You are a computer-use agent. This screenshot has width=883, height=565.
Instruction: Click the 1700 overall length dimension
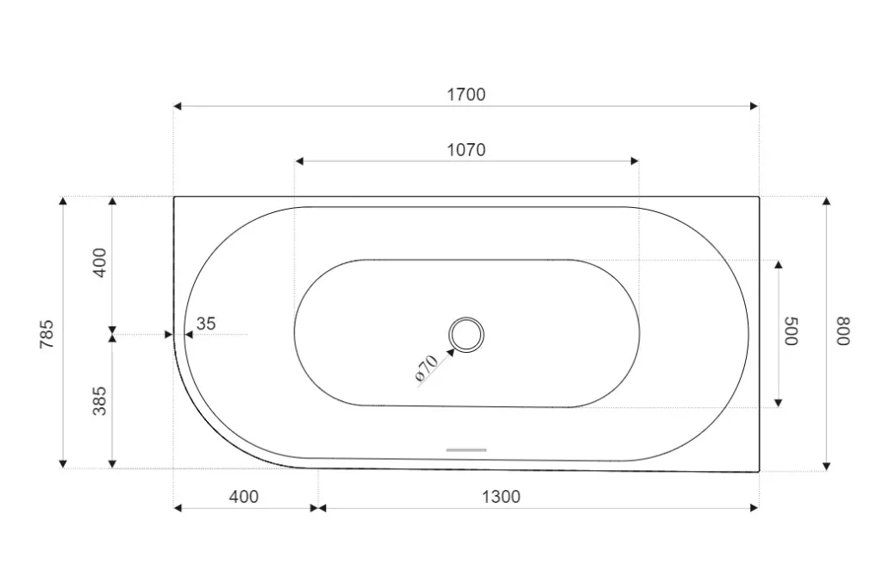(x=466, y=95)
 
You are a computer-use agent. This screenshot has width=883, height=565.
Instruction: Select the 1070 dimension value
(x=466, y=150)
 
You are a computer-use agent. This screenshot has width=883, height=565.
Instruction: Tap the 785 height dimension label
(x=47, y=334)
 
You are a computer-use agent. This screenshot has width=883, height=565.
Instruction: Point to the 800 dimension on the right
(x=843, y=331)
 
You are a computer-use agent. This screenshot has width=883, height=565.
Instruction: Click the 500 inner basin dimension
(x=792, y=331)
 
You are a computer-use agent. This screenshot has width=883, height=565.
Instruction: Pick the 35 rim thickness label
(x=205, y=323)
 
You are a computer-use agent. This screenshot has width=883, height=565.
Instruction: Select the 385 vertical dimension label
(x=99, y=401)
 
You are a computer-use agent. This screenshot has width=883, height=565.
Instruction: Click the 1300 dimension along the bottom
(x=501, y=497)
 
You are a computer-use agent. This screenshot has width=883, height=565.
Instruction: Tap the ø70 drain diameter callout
(x=426, y=369)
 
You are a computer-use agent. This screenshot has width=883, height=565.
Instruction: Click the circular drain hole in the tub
(x=466, y=336)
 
